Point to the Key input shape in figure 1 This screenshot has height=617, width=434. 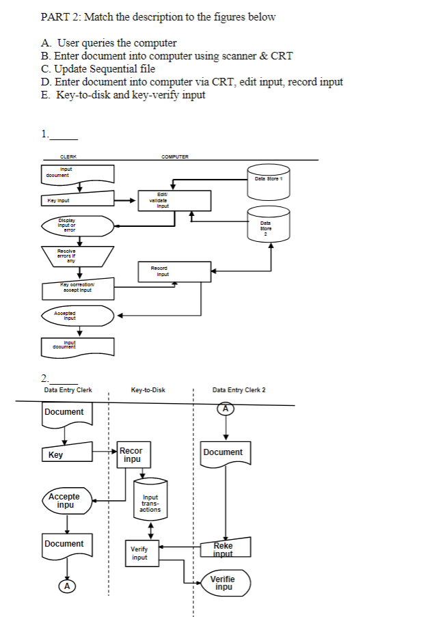[x=77, y=201]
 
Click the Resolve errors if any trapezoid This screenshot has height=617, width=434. [x=77, y=256]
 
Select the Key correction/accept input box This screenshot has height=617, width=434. [x=77, y=289]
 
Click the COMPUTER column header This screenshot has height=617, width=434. [x=175, y=156]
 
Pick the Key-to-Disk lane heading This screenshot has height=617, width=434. [x=148, y=390]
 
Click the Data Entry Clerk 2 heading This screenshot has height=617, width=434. [x=239, y=390]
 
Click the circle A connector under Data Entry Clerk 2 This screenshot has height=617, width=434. [x=226, y=409]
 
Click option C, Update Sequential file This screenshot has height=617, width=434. [x=98, y=69]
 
